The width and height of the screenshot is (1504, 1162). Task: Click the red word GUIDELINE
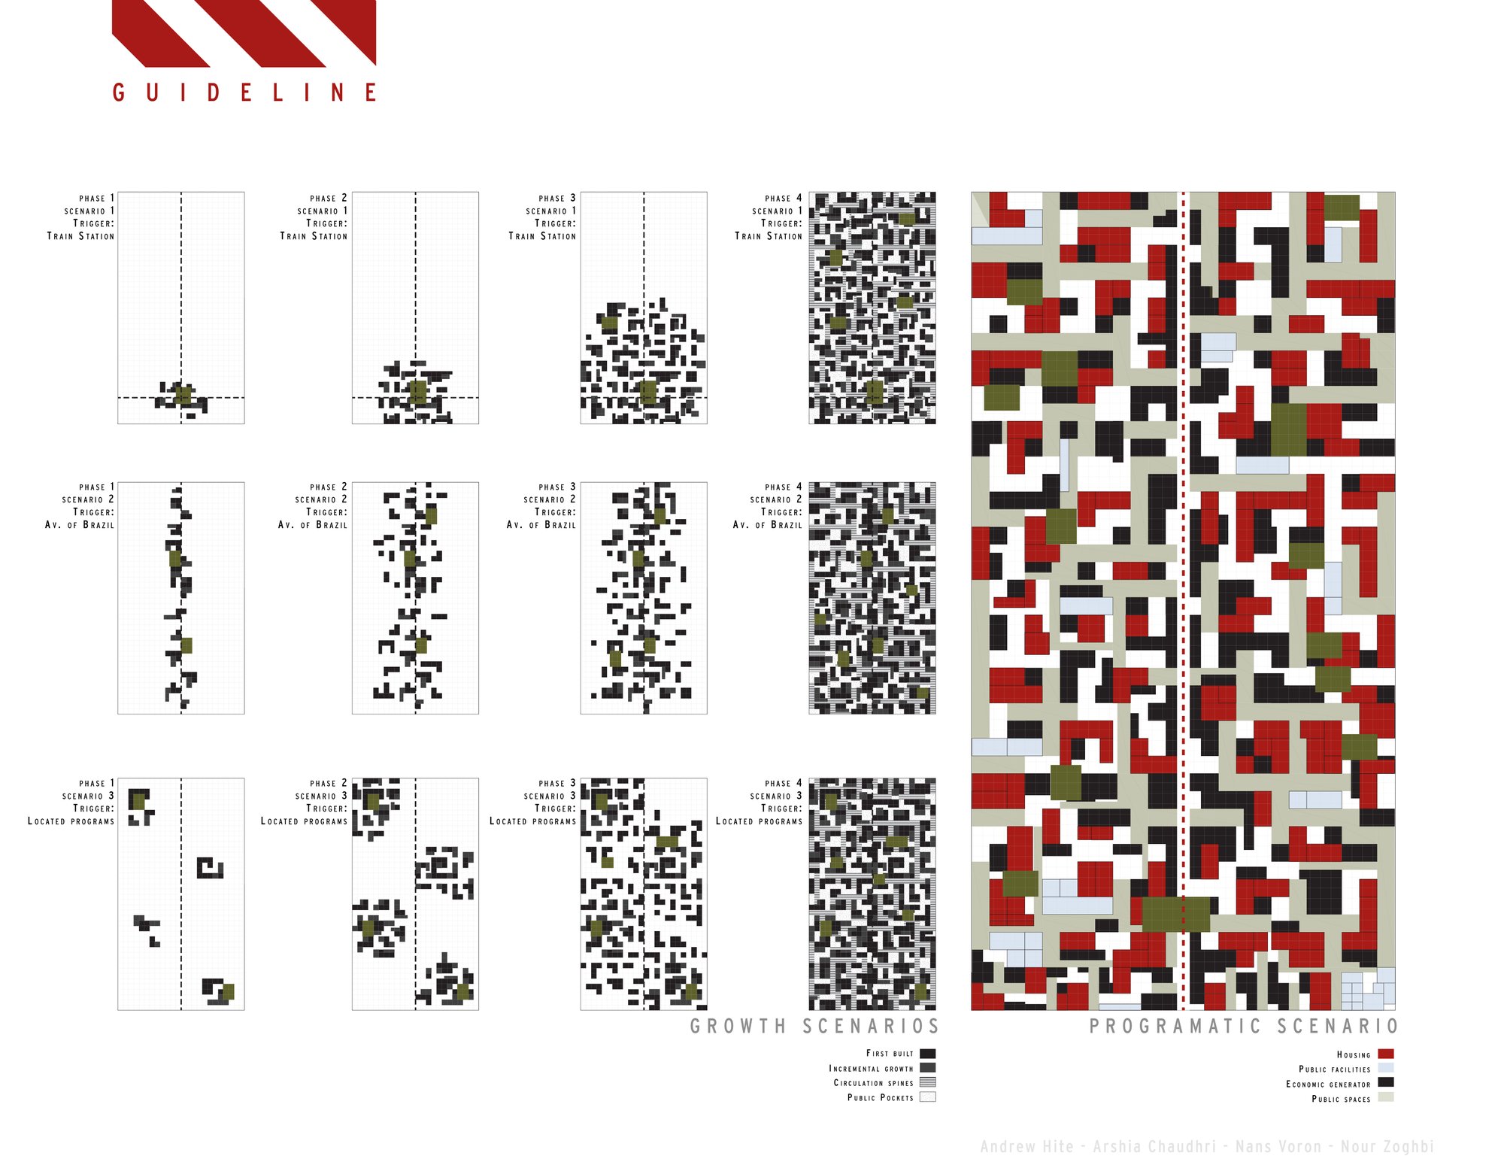click(244, 93)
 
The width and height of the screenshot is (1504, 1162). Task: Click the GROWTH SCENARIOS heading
click(815, 1027)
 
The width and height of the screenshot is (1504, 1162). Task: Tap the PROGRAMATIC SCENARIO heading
click(1244, 1027)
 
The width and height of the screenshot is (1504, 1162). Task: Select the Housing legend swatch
click(1386, 1054)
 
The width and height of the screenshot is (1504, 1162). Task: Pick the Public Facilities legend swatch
click(1386, 1069)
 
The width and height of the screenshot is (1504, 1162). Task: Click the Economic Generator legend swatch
click(1386, 1083)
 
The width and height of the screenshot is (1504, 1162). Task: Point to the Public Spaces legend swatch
click(1386, 1098)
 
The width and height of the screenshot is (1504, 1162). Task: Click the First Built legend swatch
click(928, 1054)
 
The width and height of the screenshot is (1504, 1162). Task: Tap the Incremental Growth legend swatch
click(928, 1068)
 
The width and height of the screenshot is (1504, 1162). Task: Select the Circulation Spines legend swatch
click(928, 1082)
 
